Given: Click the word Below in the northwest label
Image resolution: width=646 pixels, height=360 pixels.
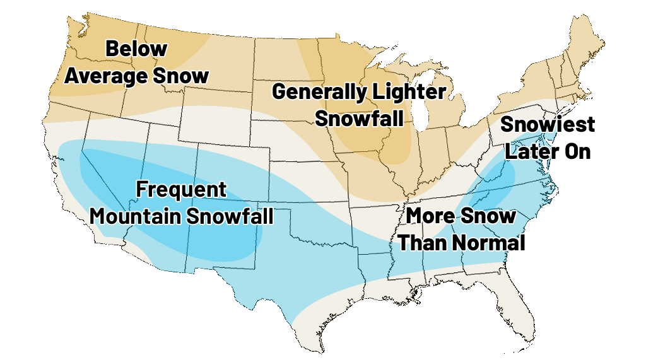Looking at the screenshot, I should click(136, 49).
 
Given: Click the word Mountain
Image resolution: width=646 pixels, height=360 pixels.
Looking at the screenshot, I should click(133, 216).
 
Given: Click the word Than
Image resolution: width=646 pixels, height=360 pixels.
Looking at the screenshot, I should click(420, 243).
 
